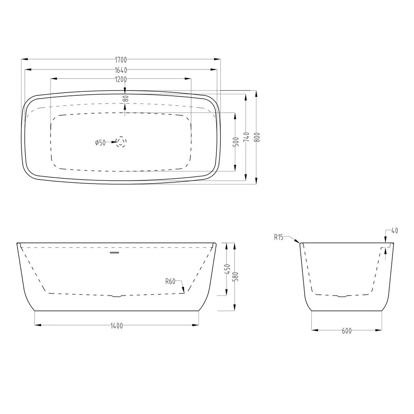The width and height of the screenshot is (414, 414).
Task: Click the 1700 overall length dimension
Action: pyautogui.click(x=121, y=60)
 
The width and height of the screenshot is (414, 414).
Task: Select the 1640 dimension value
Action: pyautogui.click(x=121, y=70)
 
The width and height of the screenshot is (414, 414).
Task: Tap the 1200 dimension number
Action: pyautogui.click(x=121, y=79)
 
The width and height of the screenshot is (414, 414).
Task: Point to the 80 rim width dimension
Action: pyautogui.click(x=126, y=99)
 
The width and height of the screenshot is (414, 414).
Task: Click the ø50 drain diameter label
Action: pyautogui.click(x=100, y=143)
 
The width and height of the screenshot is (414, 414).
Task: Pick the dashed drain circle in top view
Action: pyautogui.click(x=121, y=142)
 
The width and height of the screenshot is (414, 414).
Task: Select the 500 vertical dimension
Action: pyautogui.click(x=237, y=142)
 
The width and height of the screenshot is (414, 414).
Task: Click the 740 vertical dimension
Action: pyautogui.click(x=247, y=137)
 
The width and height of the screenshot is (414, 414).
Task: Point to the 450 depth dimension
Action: pyautogui.click(x=228, y=269)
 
